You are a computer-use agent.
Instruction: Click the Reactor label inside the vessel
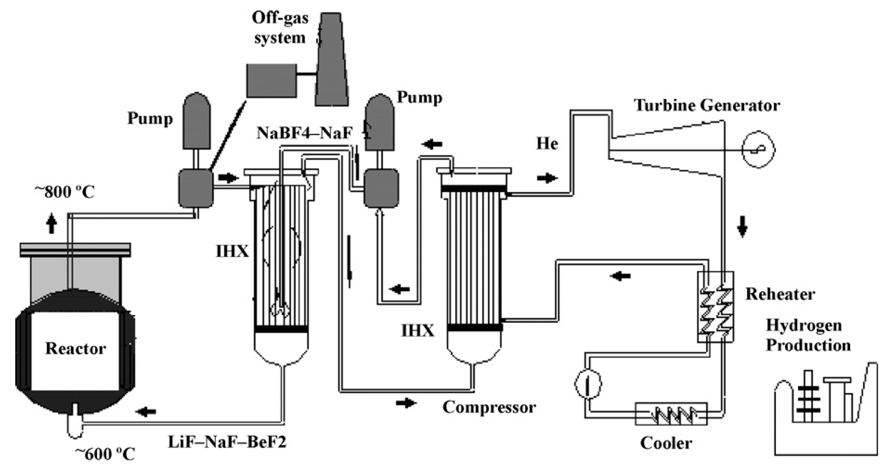click(x=76, y=348)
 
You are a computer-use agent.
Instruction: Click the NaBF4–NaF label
click(x=305, y=133)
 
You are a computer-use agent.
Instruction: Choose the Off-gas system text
click(x=280, y=28)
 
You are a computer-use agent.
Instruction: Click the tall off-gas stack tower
click(x=331, y=60)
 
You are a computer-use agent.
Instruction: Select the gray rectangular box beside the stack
click(x=272, y=81)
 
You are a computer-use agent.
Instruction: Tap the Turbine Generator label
click(x=707, y=105)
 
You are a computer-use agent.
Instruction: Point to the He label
click(x=547, y=144)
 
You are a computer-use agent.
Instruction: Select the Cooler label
click(x=666, y=443)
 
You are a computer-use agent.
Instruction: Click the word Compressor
click(x=489, y=407)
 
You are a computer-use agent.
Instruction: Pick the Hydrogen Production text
click(x=808, y=335)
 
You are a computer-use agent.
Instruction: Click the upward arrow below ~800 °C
click(x=52, y=223)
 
